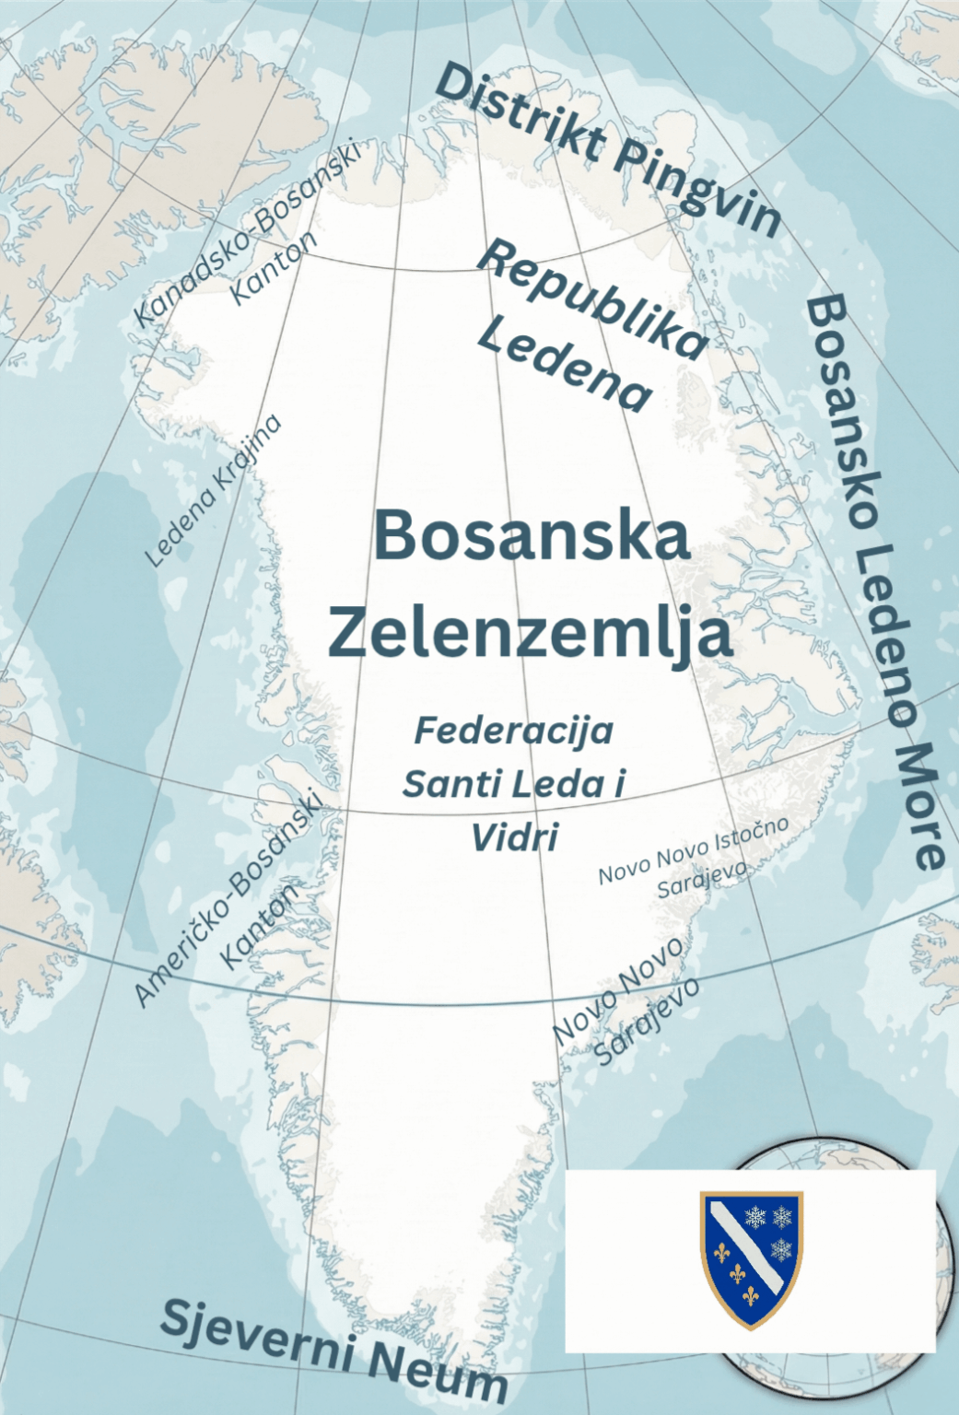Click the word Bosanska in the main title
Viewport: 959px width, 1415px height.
pyautogui.click(x=532, y=536)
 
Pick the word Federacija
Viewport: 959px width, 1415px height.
pyautogui.click(x=513, y=731)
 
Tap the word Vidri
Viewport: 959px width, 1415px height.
pyautogui.click(x=514, y=837)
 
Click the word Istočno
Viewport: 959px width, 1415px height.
pyautogui.click(x=750, y=833)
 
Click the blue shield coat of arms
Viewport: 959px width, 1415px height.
pyautogui.click(x=751, y=1258)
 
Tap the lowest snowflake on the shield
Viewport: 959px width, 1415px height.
pyautogui.click(x=780, y=1249)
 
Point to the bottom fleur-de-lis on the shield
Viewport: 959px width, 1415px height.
pyautogui.click(x=751, y=1294)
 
